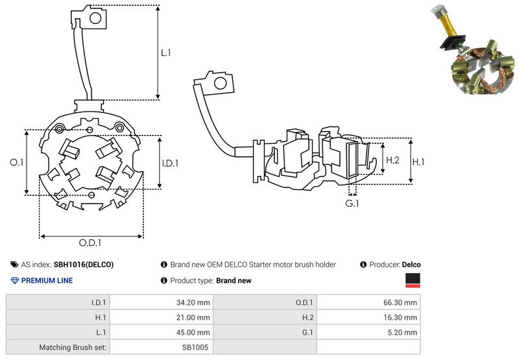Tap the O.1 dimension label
[x=17, y=163]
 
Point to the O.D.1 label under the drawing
[x=90, y=243]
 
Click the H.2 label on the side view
[x=392, y=160]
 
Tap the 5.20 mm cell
[x=404, y=332]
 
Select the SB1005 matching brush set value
[x=196, y=347]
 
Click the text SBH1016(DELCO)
[x=84, y=265]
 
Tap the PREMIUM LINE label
[x=47, y=281]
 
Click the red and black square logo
[x=412, y=280]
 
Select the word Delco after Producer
[x=411, y=265]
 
